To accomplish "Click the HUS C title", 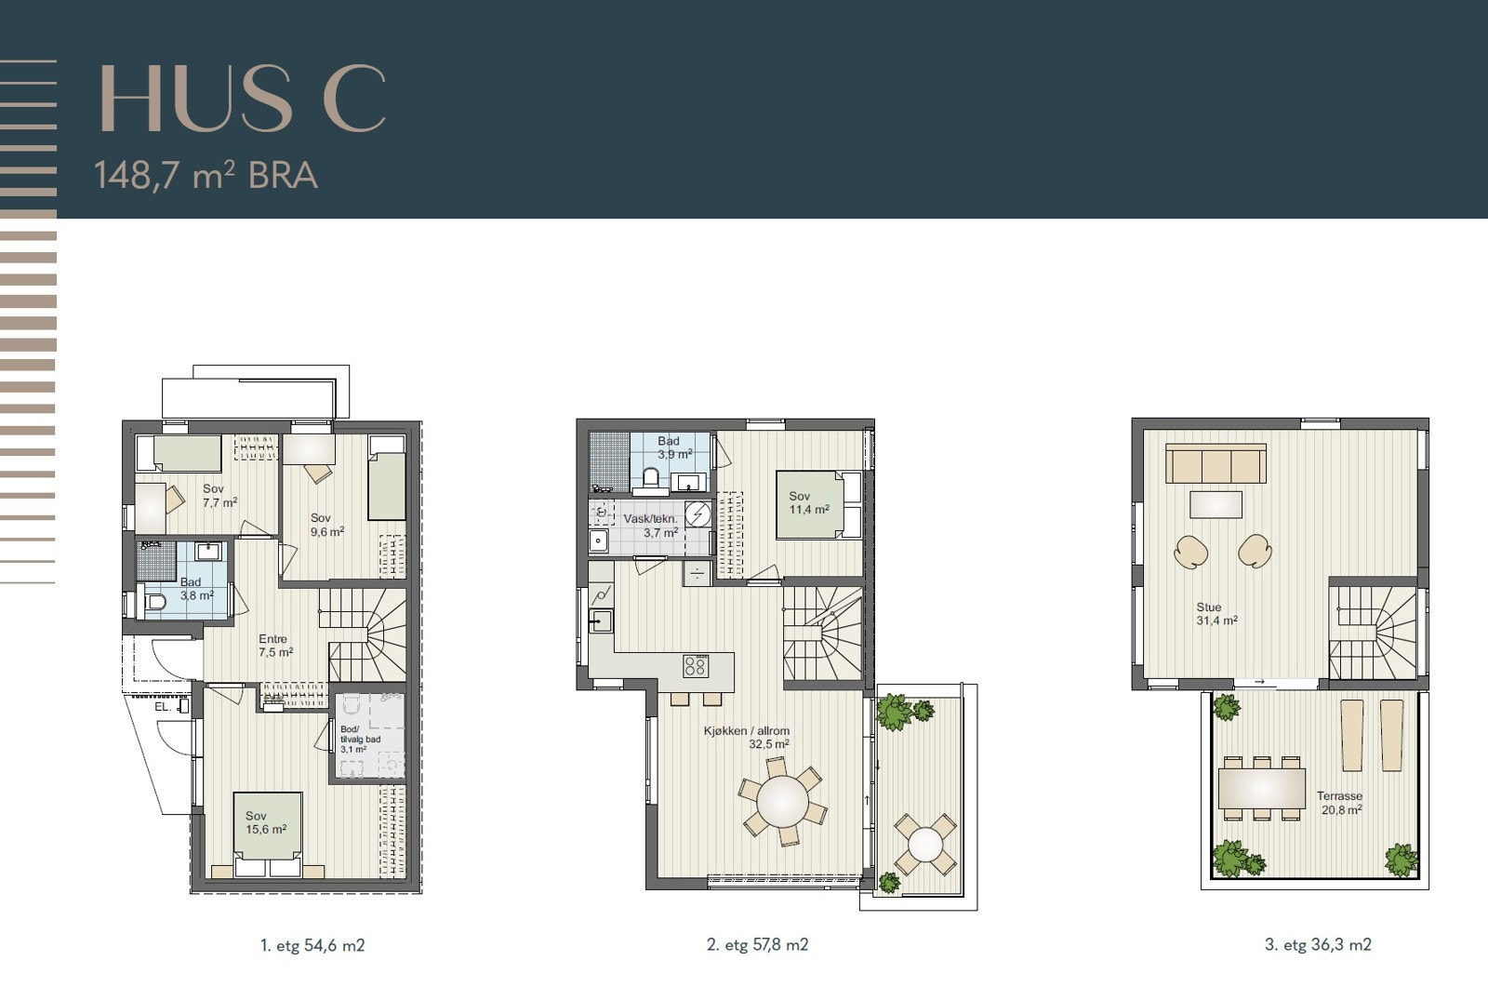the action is [243, 99].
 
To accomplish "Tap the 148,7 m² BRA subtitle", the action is [206, 176].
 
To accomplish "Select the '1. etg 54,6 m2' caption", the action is [312, 945].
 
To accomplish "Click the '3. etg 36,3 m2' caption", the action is [1318, 944].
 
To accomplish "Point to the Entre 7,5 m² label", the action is [275, 646].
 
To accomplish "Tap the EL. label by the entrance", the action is [163, 707].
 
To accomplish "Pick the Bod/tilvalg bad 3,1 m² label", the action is [360, 739].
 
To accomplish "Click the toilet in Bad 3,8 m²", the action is [153, 602].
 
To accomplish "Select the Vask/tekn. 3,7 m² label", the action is [651, 525].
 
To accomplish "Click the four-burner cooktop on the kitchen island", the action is [696, 666].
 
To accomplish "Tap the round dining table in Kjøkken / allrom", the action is [783, 801].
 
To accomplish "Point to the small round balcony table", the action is [925, 845].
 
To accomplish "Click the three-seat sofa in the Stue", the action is [1216, 463].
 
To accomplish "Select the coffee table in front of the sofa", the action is [1216, 504].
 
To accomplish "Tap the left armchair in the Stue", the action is [1191, 552].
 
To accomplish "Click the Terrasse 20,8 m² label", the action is [1340, 802].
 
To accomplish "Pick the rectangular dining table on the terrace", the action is [1262, 788].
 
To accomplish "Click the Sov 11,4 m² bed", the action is [819, 504].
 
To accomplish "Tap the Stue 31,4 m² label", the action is [1216, 613].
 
